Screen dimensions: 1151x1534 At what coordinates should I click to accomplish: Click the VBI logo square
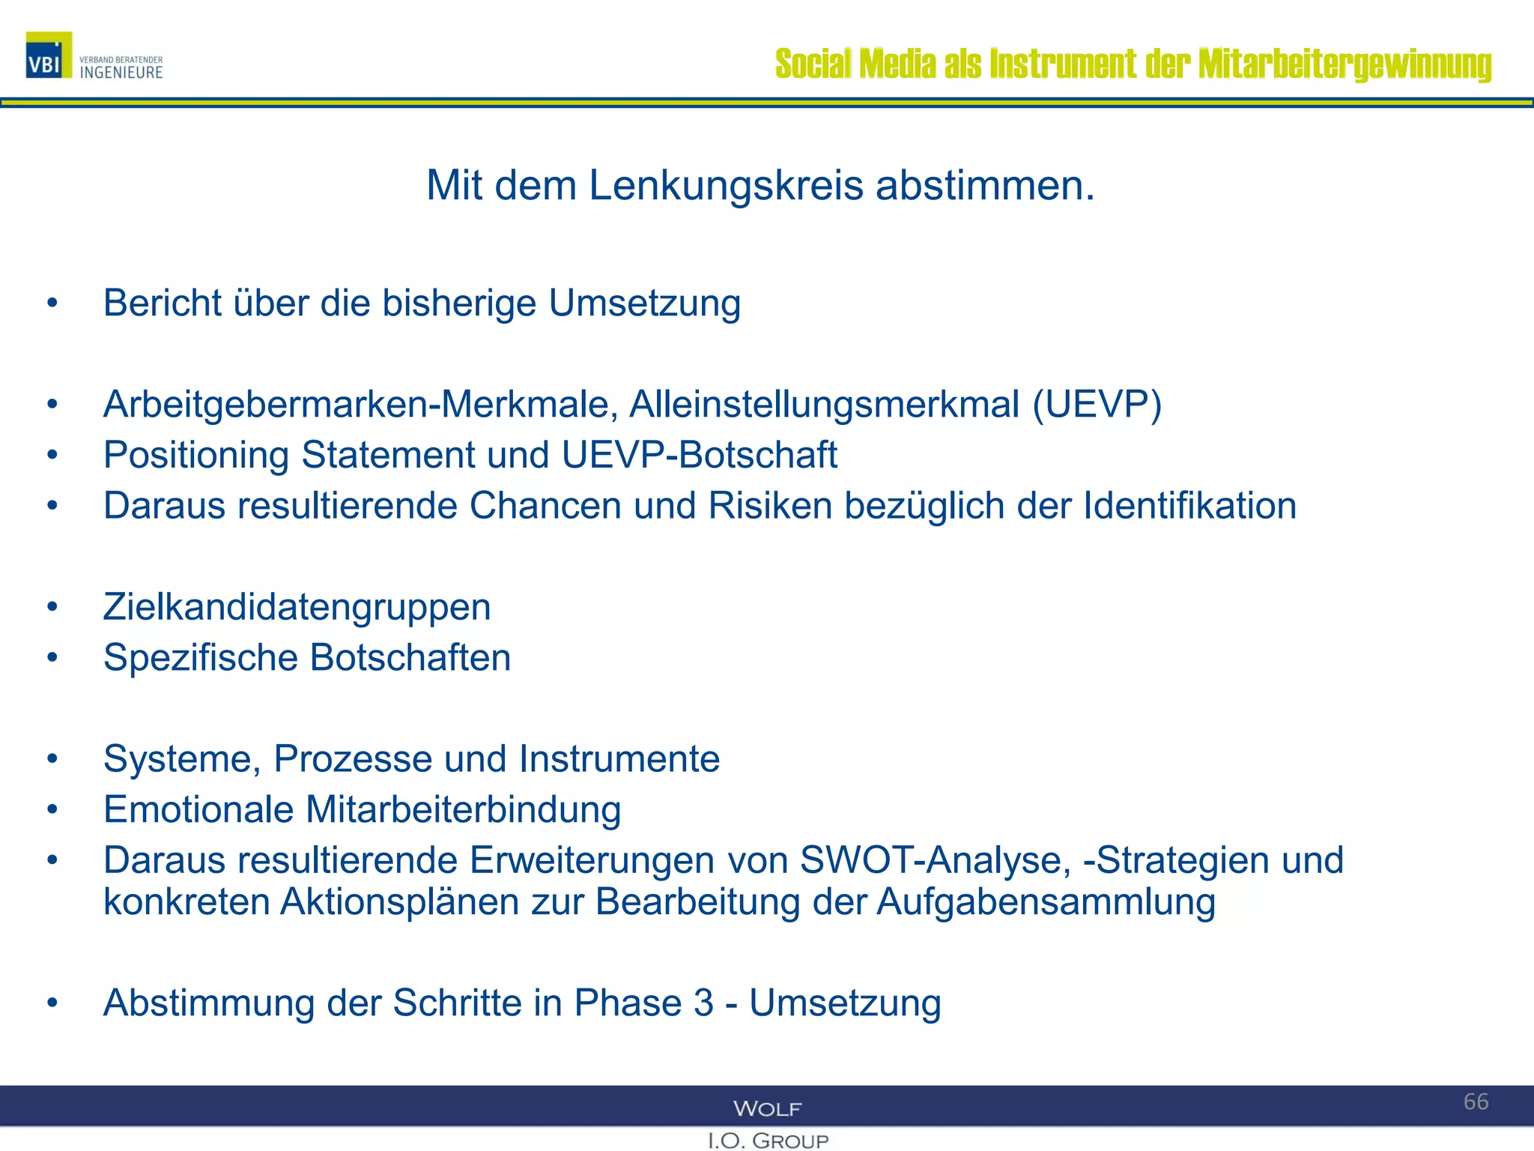point(49,55)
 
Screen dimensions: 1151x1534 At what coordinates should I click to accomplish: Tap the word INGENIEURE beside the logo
point(121,73)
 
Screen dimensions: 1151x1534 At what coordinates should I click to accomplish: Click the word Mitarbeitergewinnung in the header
point(1344,64)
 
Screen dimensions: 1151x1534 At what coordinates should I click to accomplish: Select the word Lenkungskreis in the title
point(726,185)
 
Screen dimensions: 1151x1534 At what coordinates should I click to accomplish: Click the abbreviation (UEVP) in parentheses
point(1097,405)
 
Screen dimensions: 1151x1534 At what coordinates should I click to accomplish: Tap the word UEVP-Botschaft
point(699,456)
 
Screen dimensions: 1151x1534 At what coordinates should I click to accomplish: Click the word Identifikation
point(1189,506)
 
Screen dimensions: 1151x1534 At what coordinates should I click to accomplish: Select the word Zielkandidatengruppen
point(297,607)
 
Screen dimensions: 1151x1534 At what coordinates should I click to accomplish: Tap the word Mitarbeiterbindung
point(464,810)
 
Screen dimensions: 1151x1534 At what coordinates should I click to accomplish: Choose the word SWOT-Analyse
point(936,860)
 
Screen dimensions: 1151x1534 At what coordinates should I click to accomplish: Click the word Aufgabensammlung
point(1046,902)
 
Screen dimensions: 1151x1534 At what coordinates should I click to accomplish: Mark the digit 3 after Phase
point(703,1003)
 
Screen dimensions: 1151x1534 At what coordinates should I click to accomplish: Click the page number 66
point(1476,1102)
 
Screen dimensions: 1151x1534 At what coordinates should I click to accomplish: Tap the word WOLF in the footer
point(767,1109)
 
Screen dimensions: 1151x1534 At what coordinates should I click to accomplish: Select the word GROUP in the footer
point(790,1141)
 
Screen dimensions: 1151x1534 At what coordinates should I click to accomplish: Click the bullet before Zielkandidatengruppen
point(52,606)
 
